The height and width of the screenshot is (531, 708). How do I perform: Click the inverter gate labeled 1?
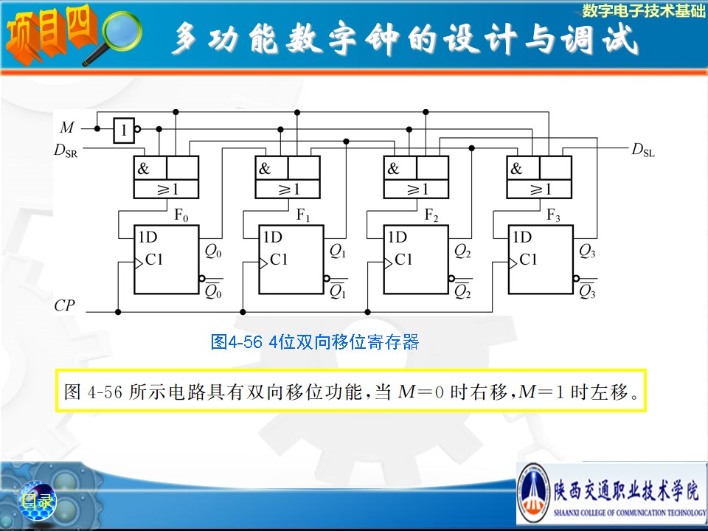[x=124, y=131]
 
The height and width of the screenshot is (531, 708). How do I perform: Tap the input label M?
[x=67, y=128]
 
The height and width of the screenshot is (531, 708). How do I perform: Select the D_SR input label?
[x=66, y=150]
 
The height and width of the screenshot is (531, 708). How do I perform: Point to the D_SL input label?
[x=643, y=150]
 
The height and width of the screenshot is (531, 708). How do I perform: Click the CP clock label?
[x=64, y=305]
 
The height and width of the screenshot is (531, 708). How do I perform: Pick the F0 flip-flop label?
[x=181, y=216]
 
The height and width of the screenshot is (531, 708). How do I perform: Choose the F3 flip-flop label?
[x=553, y=215]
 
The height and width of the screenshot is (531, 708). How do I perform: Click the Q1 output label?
[x=338, y=251]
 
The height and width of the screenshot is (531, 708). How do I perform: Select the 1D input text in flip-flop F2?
[x=398, y=237]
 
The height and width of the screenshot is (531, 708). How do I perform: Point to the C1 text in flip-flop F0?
[x=154, y=260]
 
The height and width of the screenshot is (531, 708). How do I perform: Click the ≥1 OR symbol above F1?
[x=289, y=190]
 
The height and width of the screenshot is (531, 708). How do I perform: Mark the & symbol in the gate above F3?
[x=516, y=168]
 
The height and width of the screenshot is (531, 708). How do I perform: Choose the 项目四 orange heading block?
[x=51, y=35]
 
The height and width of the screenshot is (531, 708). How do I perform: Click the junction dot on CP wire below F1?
[x=243, y=312]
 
